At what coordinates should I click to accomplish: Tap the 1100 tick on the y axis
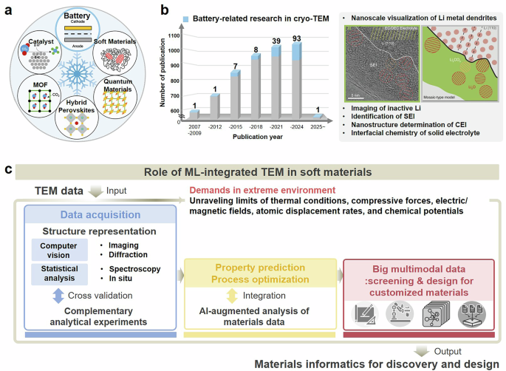(x=175, y=35)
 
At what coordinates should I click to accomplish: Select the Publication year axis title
(x=257, y=138)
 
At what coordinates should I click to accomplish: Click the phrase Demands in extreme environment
(x=250, y=190)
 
